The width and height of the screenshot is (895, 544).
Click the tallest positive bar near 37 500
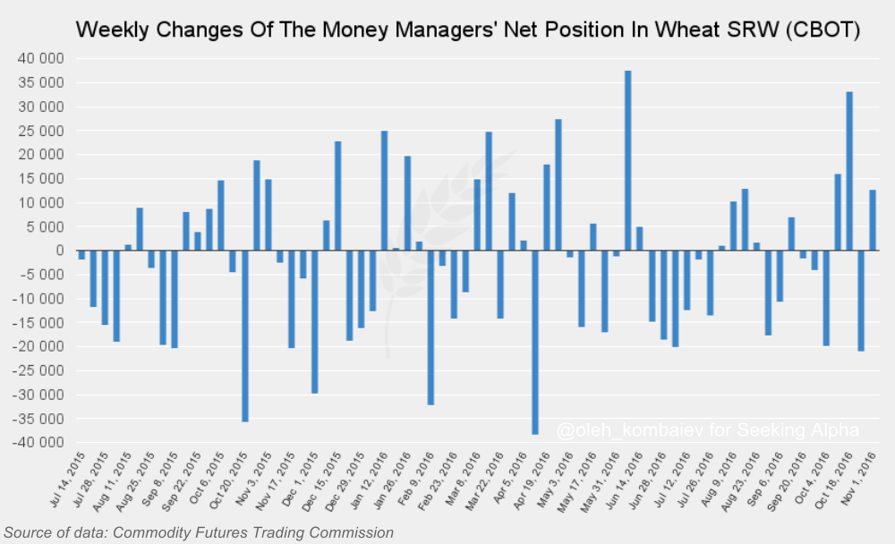click(x=627, y=161)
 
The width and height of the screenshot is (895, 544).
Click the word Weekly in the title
click(x=111, y=30)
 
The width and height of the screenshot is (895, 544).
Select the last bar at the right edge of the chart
click(x=872, y=220)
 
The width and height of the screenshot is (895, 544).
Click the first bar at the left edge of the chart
click(x=81, y=255)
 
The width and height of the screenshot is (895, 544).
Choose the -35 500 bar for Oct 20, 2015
click(x=244, y=336)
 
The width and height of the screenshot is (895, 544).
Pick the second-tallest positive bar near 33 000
click(x=848, y=171)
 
